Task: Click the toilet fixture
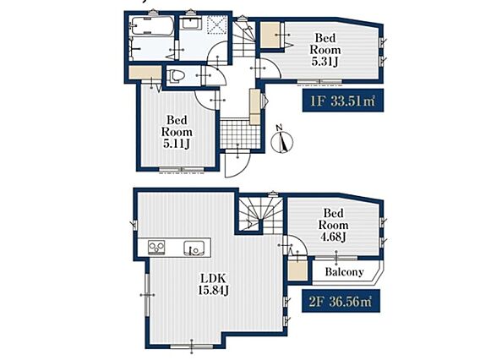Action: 175,75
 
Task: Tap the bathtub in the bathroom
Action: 152,26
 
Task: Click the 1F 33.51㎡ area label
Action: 343,101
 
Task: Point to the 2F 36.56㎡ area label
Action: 341,301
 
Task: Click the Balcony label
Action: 345,272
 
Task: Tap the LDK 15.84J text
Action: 213,284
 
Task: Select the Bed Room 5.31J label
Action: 325,50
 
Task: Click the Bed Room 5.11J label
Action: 177,132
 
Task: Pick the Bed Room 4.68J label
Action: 333,225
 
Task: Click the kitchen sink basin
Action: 194,248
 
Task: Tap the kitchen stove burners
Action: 156,248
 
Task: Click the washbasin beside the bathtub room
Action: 190,24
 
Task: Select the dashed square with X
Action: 217,24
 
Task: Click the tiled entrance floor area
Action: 240,134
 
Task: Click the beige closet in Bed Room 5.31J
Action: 270,35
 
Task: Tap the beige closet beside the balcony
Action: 297,270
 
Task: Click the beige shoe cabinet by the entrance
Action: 255,106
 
